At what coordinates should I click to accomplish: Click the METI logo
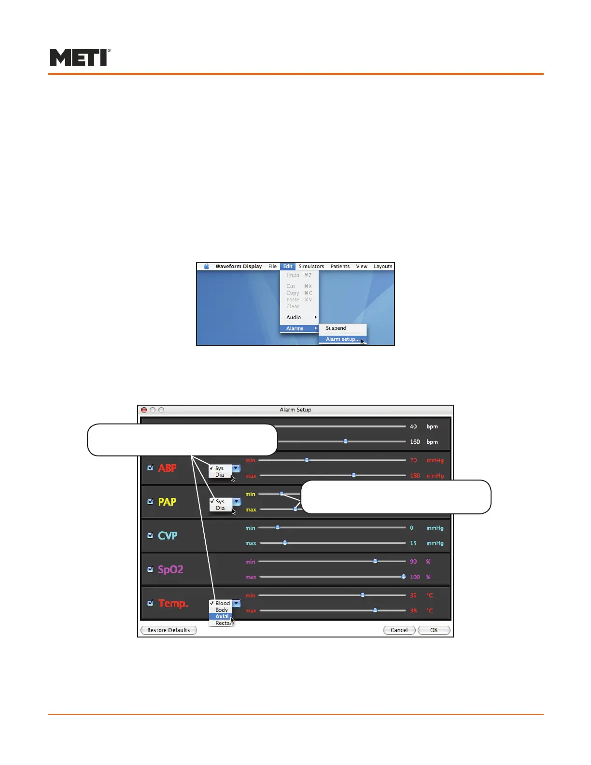tap(80, 57)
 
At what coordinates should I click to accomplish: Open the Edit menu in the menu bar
tap(288, 266)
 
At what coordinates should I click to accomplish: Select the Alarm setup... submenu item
tap(342, 339)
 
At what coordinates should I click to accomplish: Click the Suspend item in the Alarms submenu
tap(336, 328)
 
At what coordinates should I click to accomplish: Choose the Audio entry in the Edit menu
tap(294, 317)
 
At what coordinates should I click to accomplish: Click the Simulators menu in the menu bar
tap(311, 266)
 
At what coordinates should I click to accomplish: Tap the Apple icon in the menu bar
tap(207, 266)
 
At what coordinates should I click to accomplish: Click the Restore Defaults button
tap(169, 630)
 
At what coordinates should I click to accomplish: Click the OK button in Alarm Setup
tap(434, 630)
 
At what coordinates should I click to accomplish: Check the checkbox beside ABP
tap(150, 467)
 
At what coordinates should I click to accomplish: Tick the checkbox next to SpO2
tap(150, 569)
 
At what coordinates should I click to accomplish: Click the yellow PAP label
tap(167, 502)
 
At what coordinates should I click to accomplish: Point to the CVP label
tap(168, 536)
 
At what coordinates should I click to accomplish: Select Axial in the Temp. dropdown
tap(222, 616)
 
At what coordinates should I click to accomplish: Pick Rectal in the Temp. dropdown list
tap(223, 623)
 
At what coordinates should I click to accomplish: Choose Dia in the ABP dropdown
tap(220, 475)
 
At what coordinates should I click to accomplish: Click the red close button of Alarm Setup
tap(144, 410)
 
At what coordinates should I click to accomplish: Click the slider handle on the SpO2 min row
tap(375, 561)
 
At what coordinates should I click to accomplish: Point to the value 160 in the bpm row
tap(415, 442)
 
